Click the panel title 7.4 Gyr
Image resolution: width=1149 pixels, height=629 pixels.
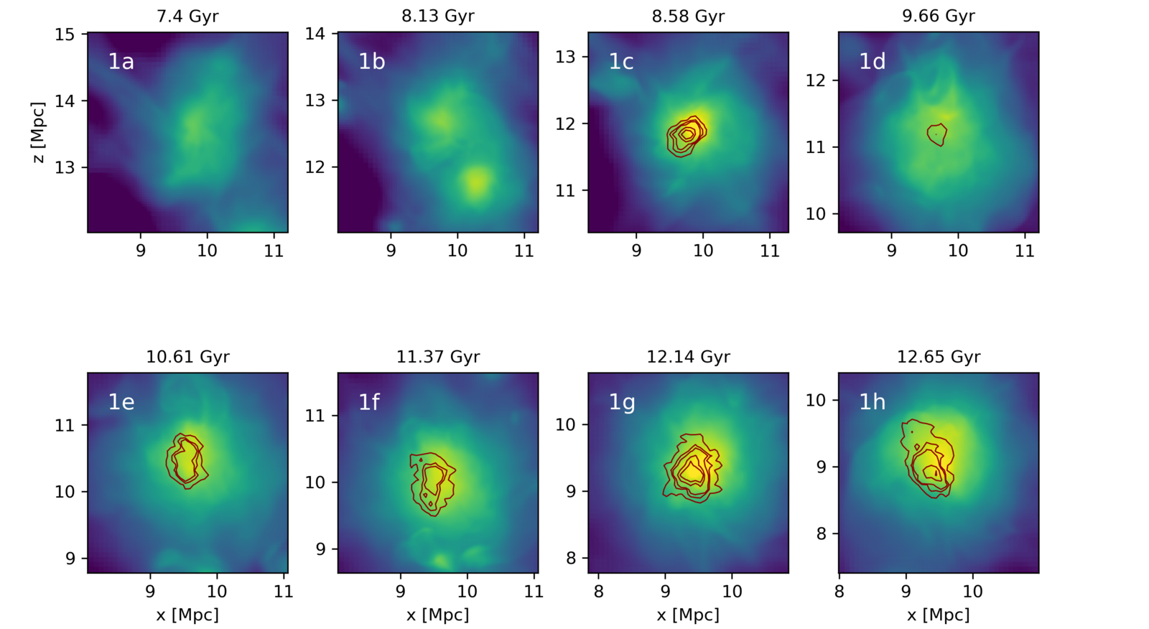[187, 16]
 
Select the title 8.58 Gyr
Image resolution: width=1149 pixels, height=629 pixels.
[688, 16]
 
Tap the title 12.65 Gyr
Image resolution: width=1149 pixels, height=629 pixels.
[939, 357]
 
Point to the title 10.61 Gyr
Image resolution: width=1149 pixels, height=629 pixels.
[187, 357]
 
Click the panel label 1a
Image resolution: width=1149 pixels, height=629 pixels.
[121, 62]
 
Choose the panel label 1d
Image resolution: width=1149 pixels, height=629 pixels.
[872, 62]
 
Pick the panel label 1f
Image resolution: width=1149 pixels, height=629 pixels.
[369, 402]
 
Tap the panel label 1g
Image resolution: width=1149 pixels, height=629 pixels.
[621, 402]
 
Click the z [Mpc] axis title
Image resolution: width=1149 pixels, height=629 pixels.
[39, 132]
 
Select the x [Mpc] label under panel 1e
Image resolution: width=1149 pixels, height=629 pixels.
[187, 615]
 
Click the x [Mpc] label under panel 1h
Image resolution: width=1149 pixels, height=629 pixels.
[939, 615]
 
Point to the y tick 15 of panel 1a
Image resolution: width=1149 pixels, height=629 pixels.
[66, 34]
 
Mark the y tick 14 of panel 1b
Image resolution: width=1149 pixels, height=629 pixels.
[315, 34]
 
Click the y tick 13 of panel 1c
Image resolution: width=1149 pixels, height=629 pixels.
[565, 57]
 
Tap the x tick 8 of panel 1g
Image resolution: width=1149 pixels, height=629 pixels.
[599, 592]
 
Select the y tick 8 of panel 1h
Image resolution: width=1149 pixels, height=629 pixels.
[816, 534]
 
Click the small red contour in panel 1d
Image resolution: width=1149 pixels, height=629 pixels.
[937, 134]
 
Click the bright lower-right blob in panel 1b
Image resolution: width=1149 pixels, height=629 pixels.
[476, 181]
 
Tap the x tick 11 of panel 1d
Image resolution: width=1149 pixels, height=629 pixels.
[1024, 251]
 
